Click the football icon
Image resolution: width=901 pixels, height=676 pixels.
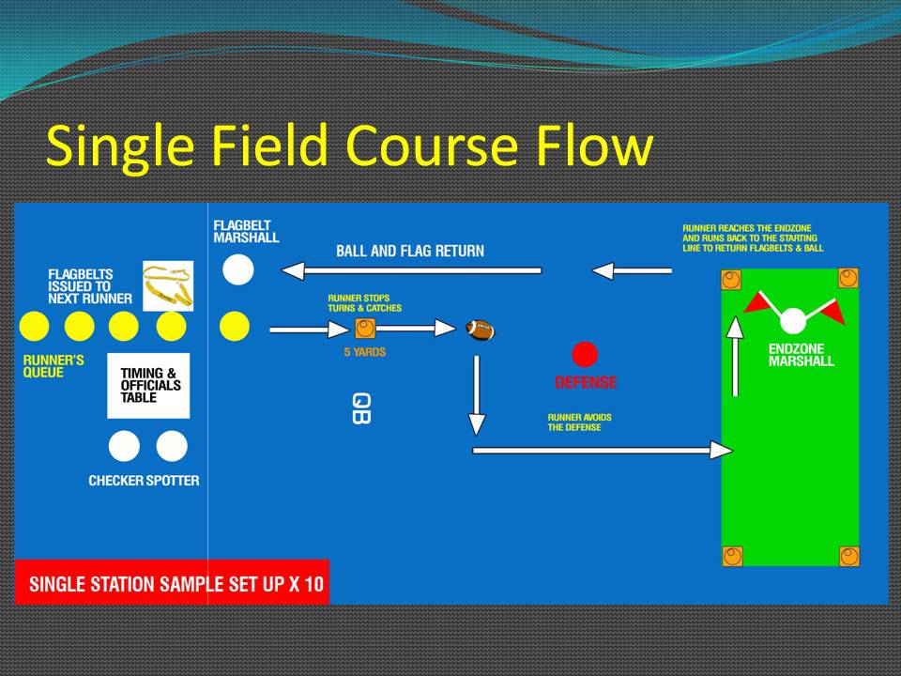(x=480, y=330)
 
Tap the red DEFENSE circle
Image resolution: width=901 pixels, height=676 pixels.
(x=585, y=354)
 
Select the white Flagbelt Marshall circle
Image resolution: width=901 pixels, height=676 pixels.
(x=237, y=269)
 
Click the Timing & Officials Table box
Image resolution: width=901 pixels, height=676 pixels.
(x=148, y=385)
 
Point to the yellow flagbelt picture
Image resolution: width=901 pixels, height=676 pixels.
(x=168, y=285)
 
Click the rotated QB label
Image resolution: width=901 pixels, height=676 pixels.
(x=360, y=408)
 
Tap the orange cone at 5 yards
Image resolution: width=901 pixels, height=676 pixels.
(x=365, y=329)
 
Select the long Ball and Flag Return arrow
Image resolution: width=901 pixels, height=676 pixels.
(x=411, y=270)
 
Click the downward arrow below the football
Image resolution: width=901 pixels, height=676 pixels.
(x=477, y=395)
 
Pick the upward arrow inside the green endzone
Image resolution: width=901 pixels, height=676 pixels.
(x=735, y=357)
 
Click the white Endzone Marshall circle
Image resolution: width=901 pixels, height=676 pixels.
(x=793, y=321)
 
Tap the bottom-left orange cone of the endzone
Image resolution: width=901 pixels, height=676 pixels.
(x=732, y=557)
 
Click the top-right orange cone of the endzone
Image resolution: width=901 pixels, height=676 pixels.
(x=848, y=278)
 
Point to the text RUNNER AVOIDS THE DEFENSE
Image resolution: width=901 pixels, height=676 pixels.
(x=579, y=422)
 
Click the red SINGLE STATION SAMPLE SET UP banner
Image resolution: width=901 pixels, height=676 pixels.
(x=172, y=582)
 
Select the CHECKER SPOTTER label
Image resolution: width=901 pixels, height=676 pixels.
(x=144, y=481)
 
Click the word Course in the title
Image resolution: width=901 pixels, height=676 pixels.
(x=432, y=146)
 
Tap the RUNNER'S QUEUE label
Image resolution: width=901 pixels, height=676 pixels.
(x=53, y=366)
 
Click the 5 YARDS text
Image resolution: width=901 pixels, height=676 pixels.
(x=365, y=352)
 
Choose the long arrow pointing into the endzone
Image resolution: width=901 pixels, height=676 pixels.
(x=603, y=451)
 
